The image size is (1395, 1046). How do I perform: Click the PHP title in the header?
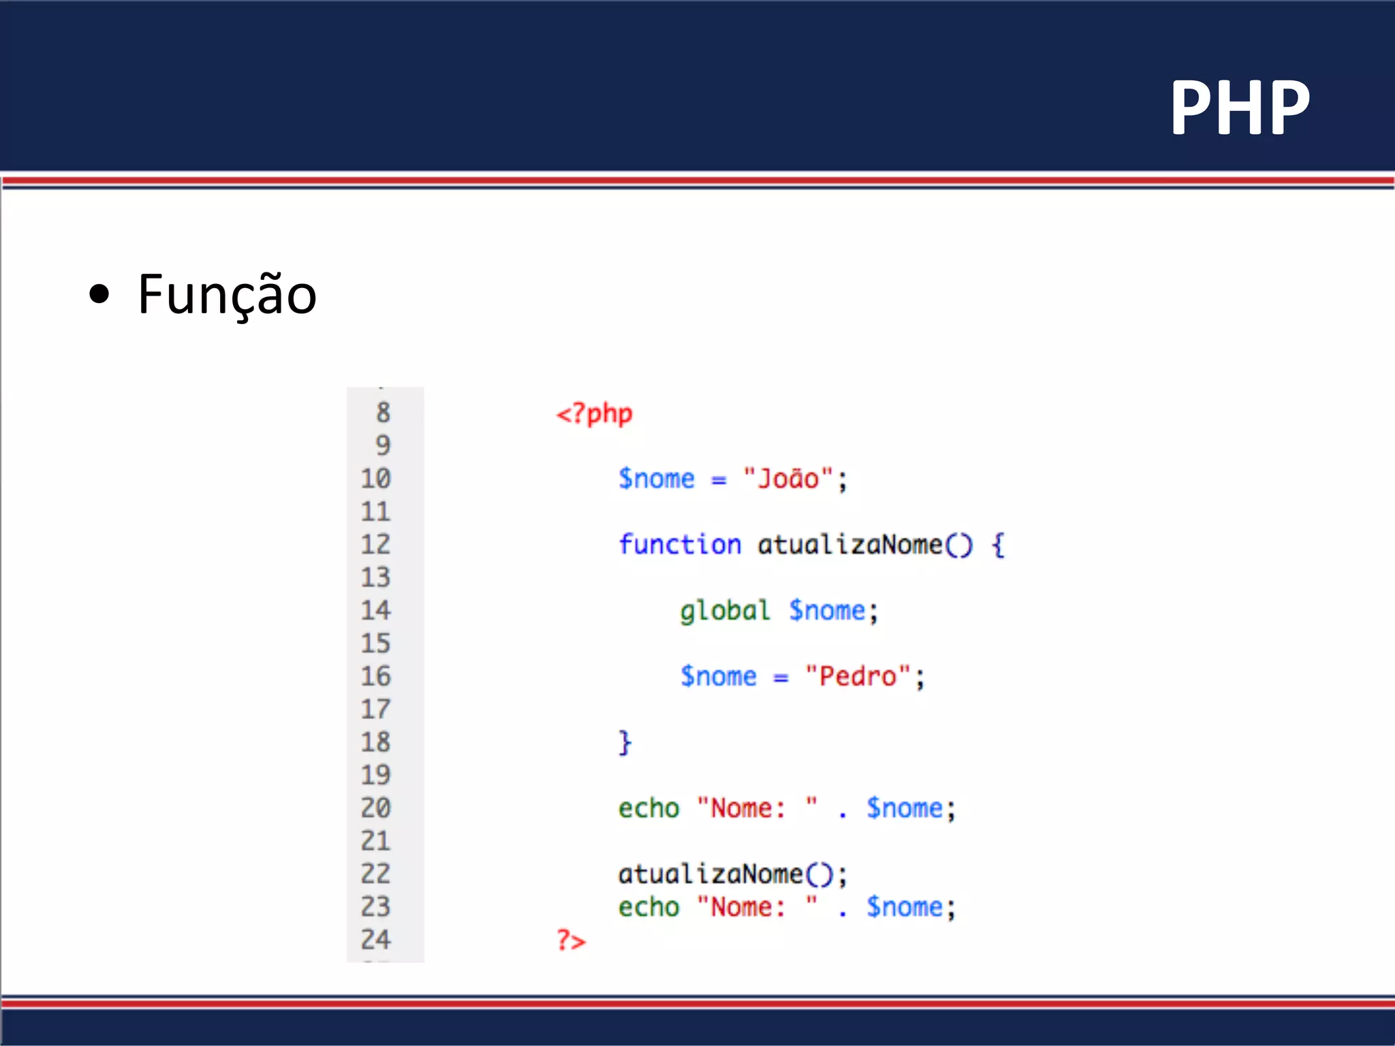point(1239,107)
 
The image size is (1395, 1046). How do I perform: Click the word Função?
point(227,294)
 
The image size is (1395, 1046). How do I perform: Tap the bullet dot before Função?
point(99,294)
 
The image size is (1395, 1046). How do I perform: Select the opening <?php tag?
point(594,413)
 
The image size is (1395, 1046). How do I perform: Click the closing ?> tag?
point(571,940)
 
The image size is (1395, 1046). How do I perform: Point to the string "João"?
point(788,479)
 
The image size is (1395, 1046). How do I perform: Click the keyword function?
point(679,545)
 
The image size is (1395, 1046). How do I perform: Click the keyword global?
point(725,611)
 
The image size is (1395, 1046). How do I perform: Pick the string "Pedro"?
point(858,676)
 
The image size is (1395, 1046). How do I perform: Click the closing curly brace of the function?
point(625,742)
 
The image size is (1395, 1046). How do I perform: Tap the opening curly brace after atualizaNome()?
point(998,545)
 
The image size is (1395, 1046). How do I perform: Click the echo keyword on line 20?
point(648,808)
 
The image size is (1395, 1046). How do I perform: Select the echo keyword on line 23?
point(648,907)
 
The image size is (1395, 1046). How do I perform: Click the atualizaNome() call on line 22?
point(732,874)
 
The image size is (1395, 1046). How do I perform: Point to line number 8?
point(383,413)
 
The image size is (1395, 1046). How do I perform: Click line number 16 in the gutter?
point(375,676)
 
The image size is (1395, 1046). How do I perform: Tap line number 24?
point(375,940)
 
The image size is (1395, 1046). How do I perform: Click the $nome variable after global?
point(827,611)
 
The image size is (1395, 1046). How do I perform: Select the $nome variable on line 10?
point(656,479)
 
